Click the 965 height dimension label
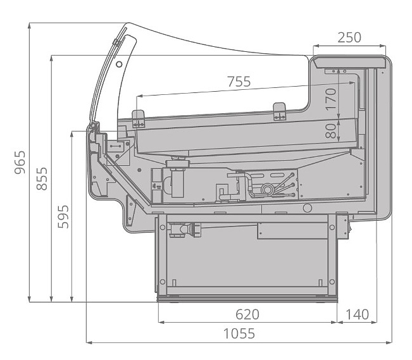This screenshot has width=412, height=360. click(20, 162)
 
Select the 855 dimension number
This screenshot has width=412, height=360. click(42, 178)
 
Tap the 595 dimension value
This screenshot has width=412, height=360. click(63, 217)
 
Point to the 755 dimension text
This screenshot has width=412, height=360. click(239, 82)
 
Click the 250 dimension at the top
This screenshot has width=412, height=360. click(349, 37)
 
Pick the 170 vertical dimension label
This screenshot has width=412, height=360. click(330, 99)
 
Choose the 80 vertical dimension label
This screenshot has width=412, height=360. click(330, 131)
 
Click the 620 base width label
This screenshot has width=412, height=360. click(247, 314)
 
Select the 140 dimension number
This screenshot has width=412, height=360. click(357, 314)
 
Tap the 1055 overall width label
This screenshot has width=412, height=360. click(239, 333)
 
